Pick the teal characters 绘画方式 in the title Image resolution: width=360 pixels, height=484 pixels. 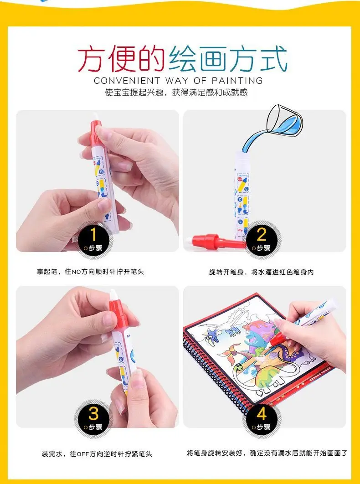coord(228,59)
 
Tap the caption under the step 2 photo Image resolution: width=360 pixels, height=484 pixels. coord(261,272)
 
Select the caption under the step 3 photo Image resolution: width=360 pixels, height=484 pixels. coord(97,453)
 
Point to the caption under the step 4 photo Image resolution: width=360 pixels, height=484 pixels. coord(267,453)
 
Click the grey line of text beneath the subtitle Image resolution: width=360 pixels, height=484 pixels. coord(176,93)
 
